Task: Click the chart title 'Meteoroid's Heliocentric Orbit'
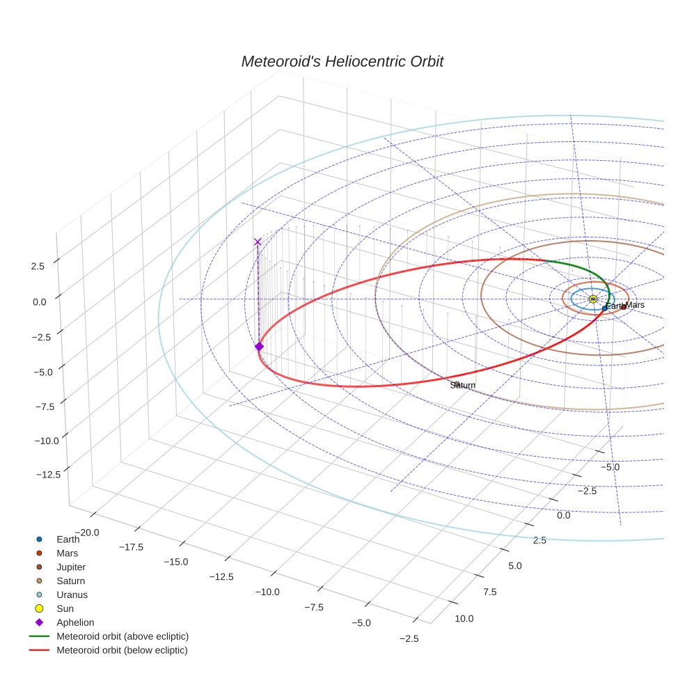(342, 61)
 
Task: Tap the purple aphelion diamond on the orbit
(259, 346)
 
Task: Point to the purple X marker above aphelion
(258, 242)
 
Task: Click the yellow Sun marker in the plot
(593, 299)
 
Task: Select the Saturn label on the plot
(463, 385)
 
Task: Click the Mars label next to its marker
(636, 305)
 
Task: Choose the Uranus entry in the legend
(72, 595)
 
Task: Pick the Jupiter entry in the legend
(71, 567)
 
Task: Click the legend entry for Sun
(65, 608)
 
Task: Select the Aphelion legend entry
(75, 622)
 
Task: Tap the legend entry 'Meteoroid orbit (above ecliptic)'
(123, 636)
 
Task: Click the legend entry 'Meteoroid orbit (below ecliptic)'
(123, 650)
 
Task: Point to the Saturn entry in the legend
(70, 581)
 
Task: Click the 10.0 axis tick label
(464, 619)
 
